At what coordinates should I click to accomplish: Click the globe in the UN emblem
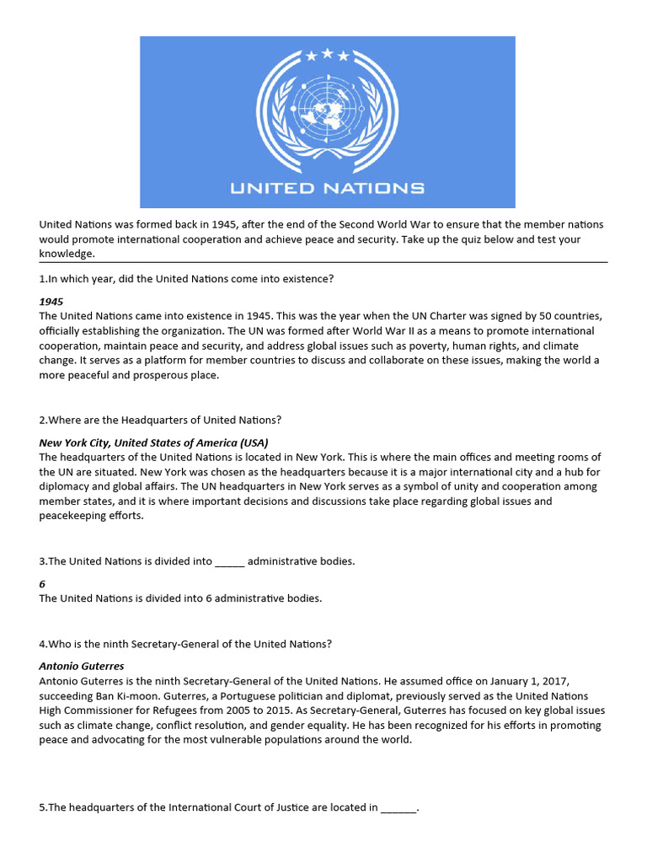(x=327, y=110)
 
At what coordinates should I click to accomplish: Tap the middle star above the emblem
(x=327, y=54)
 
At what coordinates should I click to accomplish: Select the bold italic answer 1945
(x=51, y=301)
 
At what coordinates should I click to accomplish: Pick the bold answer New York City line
(x=153, y=442)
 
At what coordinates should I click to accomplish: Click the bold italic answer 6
(x=43, y=583)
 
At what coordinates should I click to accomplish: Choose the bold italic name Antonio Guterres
(x=82, y=666)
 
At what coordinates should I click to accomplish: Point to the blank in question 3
(x=229, y=561)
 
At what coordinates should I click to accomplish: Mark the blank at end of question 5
(x=398, y=807)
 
